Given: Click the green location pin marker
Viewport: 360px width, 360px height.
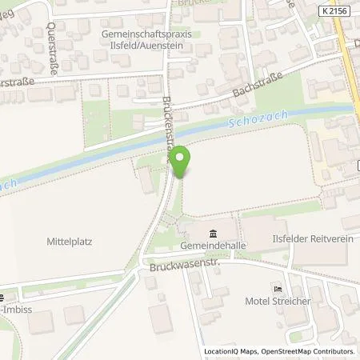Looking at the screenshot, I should pyautogui.click(x=180, y=160).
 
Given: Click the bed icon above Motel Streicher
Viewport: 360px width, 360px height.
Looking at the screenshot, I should pyautogui.click(x=278, y=289).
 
